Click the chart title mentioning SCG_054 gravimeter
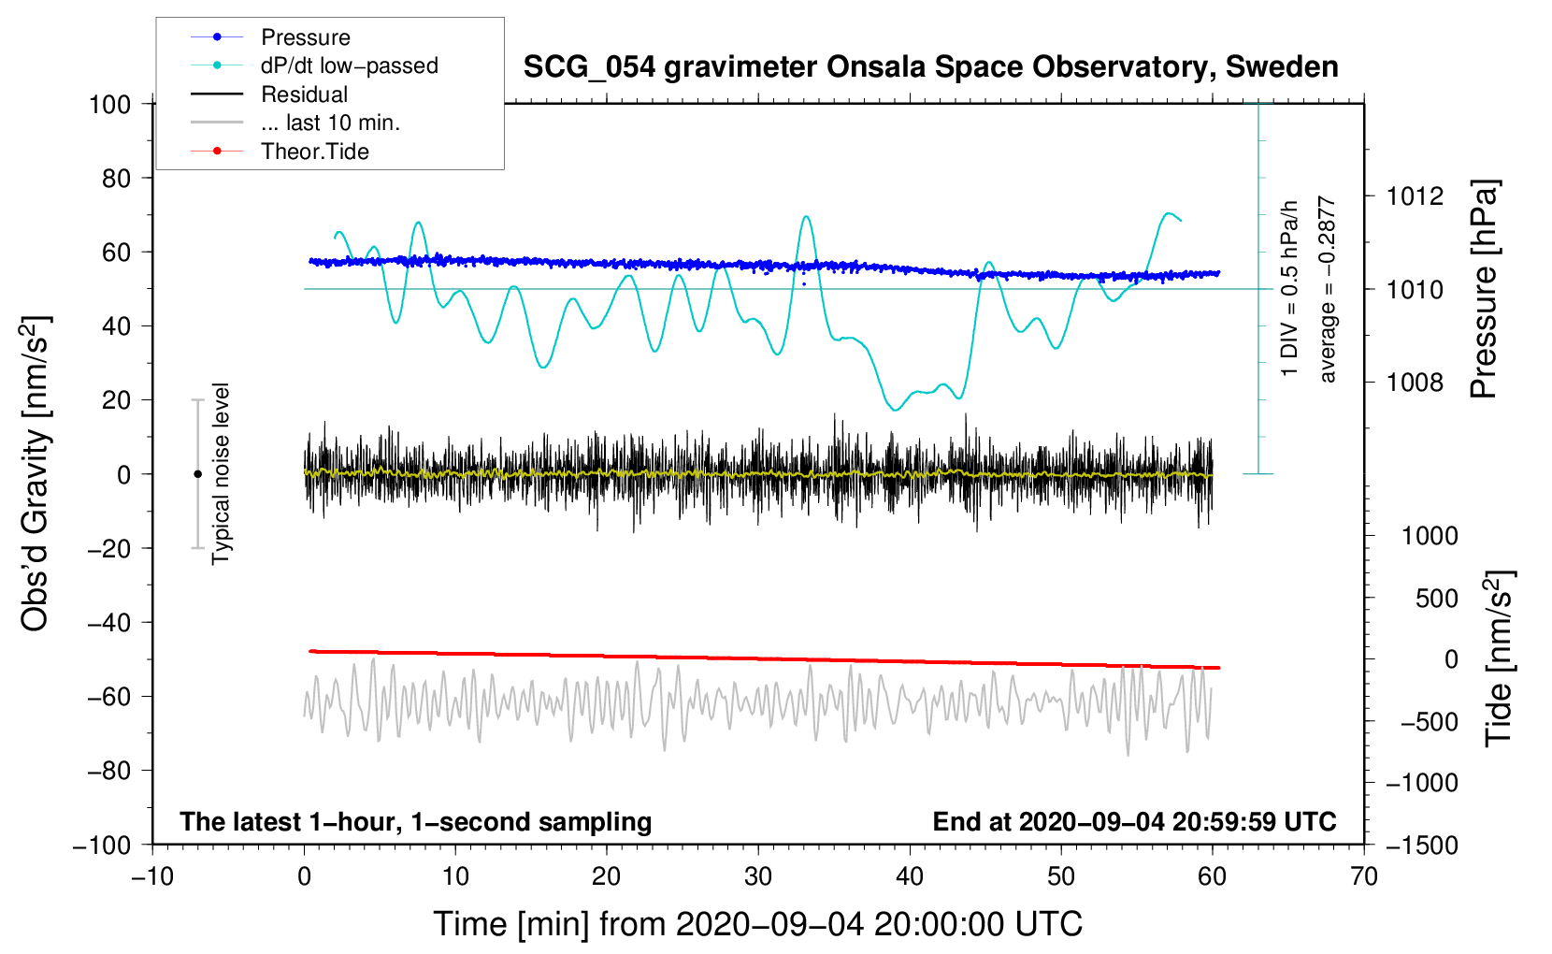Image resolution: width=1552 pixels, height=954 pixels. coord(930,67)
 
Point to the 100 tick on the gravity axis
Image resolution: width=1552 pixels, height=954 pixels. coord(110,105)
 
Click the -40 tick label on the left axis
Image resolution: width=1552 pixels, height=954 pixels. coord(109,623)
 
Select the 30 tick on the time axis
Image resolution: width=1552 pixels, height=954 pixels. coord(758,877)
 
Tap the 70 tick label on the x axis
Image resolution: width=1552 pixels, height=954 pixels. coord(1363,877)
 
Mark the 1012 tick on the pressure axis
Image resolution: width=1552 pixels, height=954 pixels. coord(1415,197)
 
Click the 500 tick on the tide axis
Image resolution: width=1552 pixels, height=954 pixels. coord(1436,599)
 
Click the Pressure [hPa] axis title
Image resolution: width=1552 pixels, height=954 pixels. coord(1484,289)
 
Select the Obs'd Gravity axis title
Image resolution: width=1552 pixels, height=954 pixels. coord(35,474)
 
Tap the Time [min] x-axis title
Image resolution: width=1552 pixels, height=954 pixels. coord(758,925)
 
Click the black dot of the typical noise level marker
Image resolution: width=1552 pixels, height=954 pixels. coord(197,474)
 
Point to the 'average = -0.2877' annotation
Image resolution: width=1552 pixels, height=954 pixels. coord(1326,289)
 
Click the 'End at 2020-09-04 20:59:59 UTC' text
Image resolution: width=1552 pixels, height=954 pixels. coord(1134,821)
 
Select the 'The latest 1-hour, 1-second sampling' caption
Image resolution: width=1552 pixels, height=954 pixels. coord(416,822)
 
